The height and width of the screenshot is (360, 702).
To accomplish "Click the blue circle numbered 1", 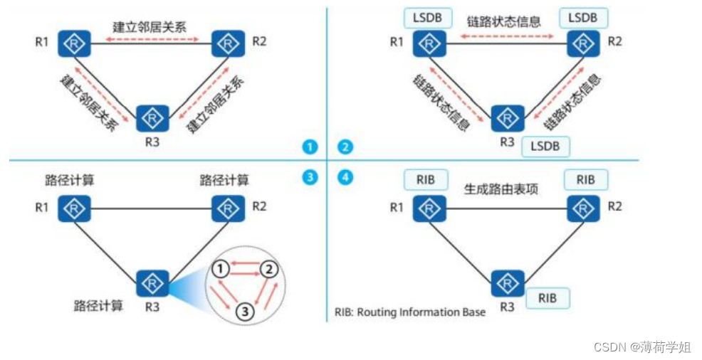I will point(309,147).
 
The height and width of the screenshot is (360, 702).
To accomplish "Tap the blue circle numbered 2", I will point(345,147).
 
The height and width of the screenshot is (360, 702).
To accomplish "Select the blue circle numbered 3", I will point(309,176).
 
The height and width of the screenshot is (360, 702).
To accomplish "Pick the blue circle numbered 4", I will point(345,176).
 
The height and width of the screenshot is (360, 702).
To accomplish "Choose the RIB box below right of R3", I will point(548,297).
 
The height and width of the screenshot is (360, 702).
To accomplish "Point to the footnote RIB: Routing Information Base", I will point(410,312).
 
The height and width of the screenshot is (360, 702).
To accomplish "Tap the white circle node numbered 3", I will point(245,311).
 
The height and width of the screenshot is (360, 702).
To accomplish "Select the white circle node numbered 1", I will point(222,269).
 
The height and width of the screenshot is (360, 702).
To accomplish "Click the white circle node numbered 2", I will point(268,269).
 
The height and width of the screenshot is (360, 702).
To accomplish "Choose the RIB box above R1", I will point(426,180).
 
